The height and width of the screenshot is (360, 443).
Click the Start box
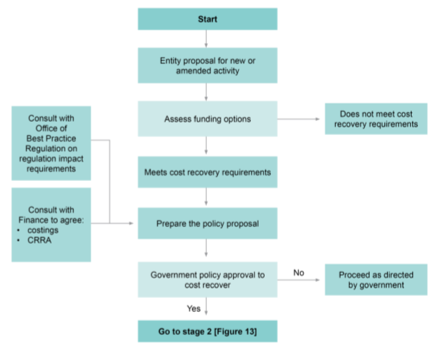pyautogui.click(x=208, y=19)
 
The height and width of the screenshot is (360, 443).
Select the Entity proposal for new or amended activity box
pyautogui.click(x=208, y=65)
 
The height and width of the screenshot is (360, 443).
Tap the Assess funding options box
pyautogui.click(x=208, y=118)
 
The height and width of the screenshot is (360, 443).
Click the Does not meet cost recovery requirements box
pyautogui.click(x=376, y=118)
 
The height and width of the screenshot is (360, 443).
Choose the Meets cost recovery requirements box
pyautogui.click(x=208, y=171)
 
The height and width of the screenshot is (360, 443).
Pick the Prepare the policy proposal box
pyautogui.click(x=208, y=224)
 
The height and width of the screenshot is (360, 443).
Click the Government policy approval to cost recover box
pyautogui.click(x=208, y=279)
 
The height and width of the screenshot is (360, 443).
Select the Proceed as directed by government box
pyautogui.click(x=376, y=279)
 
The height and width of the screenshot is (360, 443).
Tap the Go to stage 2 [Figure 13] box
pyautogui.click(x=208, y=331)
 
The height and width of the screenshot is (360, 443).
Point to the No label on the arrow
pyautogui.click(x=299, y=272)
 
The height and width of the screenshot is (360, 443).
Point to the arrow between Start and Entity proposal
pyautogui.click(x=208, y=39)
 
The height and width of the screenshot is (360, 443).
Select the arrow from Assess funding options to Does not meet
pyautogui.click(x=301, y=118)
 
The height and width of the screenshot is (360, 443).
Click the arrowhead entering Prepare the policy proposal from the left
pyautogui.click(x=132, y=224)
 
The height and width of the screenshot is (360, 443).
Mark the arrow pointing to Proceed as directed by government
pyautogui.click(x=301, y=280)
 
